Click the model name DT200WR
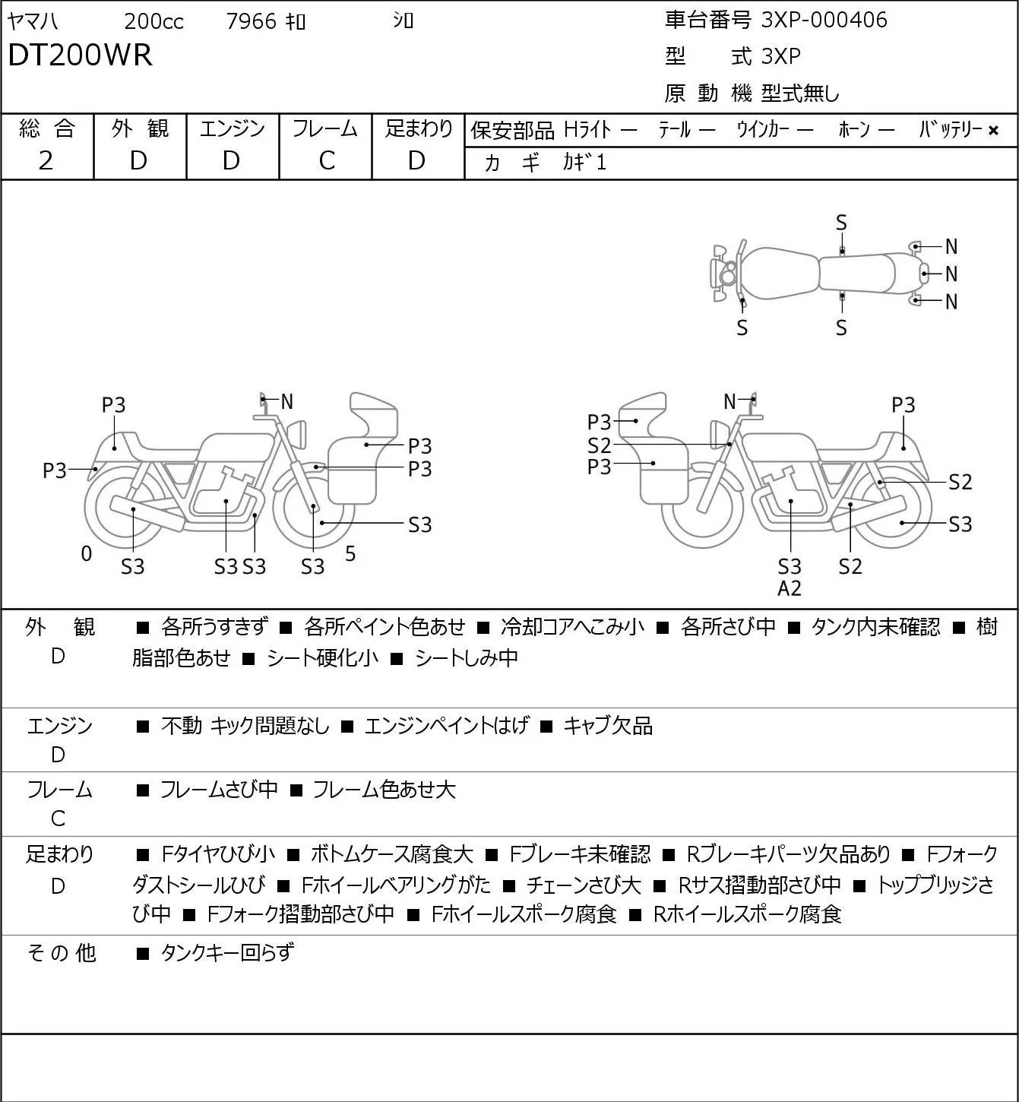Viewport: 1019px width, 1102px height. (80, 55)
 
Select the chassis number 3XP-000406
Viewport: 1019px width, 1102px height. (824, 20)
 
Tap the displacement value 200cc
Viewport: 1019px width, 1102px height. (153, 21)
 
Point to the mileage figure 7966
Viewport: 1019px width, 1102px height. (251, 21)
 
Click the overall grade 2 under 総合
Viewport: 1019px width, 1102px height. (46, 161)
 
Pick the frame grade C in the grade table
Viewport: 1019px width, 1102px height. (326, 161)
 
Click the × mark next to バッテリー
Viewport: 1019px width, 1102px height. (993, 131)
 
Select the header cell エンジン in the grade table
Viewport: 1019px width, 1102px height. (232, 128)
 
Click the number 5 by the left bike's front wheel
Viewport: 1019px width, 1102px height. (350, 553)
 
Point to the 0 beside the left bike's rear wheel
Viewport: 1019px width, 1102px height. (86, 554)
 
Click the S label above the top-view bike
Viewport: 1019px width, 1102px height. (841, 223)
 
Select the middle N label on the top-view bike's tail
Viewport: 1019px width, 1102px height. (951, 274)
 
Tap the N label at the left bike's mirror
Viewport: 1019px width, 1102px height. (286, 402)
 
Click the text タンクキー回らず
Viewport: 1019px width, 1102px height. (227, 953)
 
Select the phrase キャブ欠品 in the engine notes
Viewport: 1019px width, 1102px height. (608, 726)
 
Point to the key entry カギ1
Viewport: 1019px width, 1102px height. (584, 163)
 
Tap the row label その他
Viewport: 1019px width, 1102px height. (62, 953)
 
